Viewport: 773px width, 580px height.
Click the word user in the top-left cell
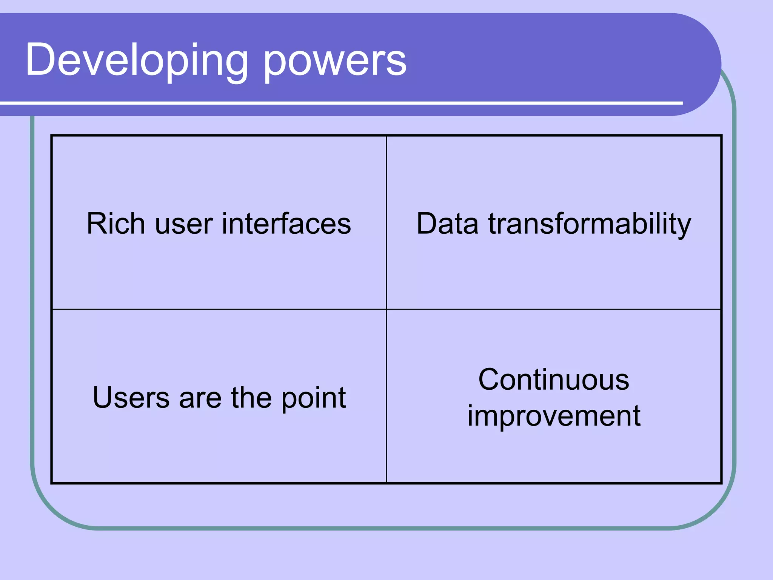(x=184, y=224)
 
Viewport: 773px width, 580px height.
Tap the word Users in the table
(x=131, y=398)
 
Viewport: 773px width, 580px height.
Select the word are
(x=200, y=398)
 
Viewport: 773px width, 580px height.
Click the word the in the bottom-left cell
(x=251, y=398)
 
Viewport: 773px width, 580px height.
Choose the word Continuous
(x=554, y=379)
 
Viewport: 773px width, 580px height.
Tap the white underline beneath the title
(x=340, y=103)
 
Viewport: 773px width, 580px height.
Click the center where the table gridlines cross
(x=386, y=309)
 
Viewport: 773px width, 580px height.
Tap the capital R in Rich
(x=97, y=224)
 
